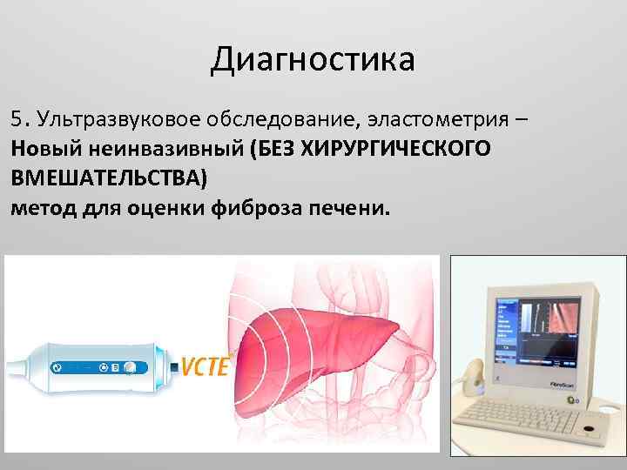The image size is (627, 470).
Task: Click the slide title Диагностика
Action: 313,60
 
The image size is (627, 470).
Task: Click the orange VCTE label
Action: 205,366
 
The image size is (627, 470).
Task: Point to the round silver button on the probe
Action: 129,368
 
